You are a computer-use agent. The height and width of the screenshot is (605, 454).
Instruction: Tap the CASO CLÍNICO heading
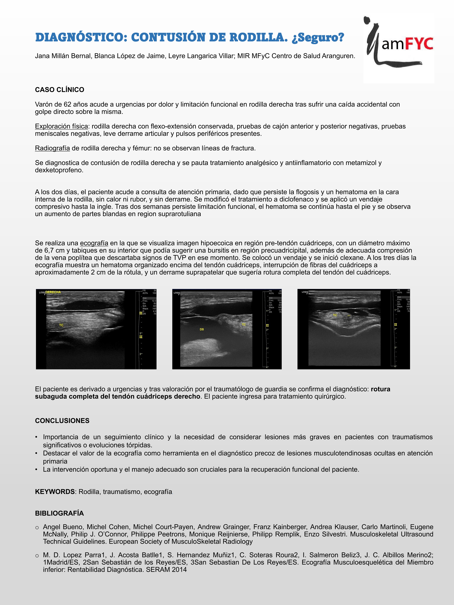[x=59, y=90]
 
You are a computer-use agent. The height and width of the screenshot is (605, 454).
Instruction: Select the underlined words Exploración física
[x=61, y=126]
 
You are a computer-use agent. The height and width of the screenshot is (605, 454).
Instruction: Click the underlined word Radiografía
[x=52, y=148]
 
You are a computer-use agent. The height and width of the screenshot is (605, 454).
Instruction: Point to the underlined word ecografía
[x=94, y=243]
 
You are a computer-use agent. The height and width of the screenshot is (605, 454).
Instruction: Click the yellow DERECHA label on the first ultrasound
[x=53, y=292]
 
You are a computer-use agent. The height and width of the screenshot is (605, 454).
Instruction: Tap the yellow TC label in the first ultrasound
[x=61, y=325]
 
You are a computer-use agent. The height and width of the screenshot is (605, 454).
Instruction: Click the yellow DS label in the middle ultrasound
[x=202, y=329]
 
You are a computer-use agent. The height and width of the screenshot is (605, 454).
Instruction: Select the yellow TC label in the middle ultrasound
[x=244, y=324]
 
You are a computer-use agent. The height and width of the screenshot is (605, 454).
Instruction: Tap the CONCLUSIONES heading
[x=62, y=421]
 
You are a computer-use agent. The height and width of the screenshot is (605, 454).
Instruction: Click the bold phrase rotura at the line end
[x=380, y=389]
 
